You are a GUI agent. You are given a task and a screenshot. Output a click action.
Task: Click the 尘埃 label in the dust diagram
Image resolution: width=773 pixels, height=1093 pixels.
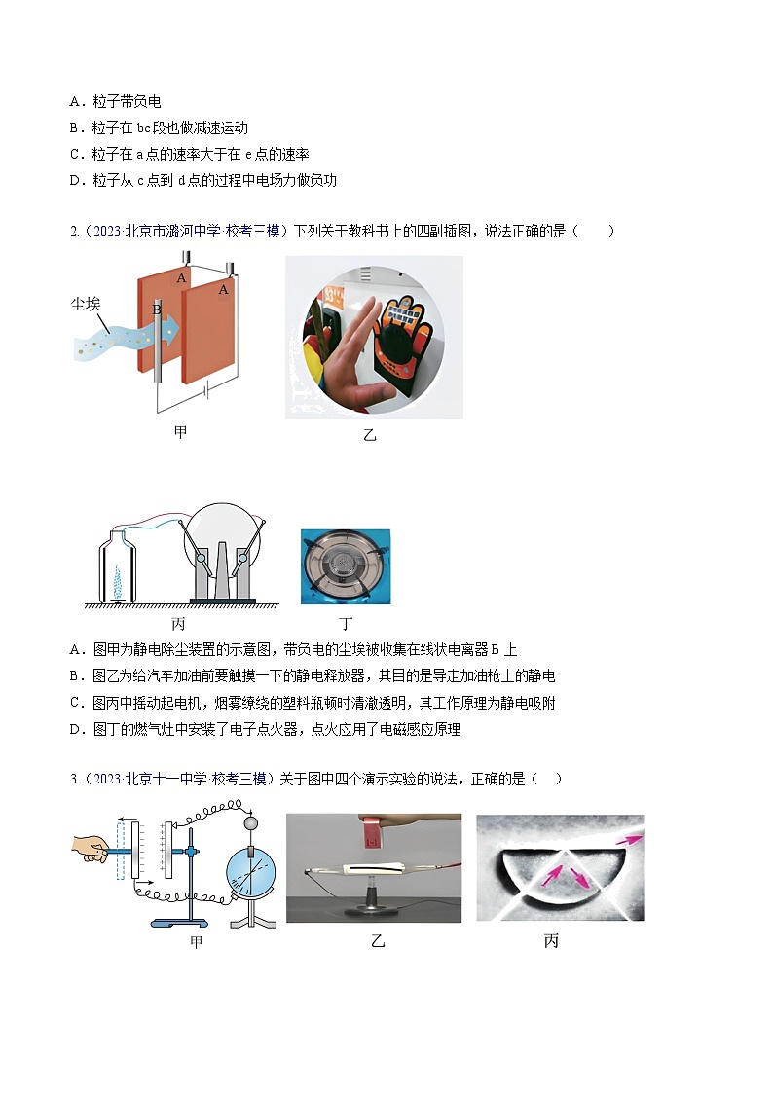86,304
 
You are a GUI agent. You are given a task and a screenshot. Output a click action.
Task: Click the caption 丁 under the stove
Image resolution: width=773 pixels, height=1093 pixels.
346,623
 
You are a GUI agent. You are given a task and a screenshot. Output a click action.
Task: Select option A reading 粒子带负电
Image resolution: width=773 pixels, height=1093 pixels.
115,101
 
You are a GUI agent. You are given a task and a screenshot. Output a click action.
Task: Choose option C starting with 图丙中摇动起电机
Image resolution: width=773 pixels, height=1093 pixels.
312,703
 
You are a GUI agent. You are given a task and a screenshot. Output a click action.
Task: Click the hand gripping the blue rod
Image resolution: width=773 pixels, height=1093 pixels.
90,850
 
